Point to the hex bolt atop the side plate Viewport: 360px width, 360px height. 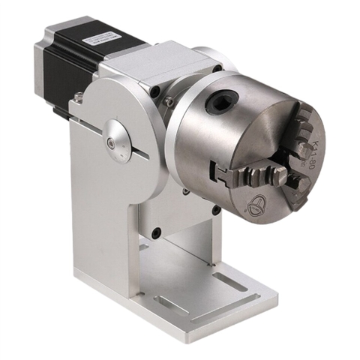click(x=78, y=96)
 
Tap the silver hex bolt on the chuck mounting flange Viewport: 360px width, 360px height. click(x=169, y=99)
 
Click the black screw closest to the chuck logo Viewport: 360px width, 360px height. click(x=215, y=211)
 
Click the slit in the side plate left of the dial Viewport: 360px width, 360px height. click(x=90, y=133)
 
